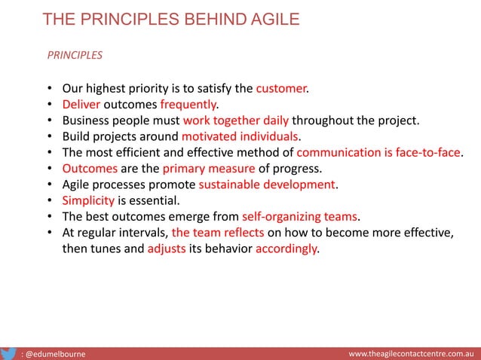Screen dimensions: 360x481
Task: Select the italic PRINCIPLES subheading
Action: (x=75, y=55)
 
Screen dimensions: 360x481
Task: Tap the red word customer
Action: (x=281, y=88)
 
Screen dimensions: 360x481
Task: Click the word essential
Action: (x=155, y=201)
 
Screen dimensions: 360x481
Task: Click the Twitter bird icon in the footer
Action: (x=9, y=352)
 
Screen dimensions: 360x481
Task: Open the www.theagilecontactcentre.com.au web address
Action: (x=410, y=352)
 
